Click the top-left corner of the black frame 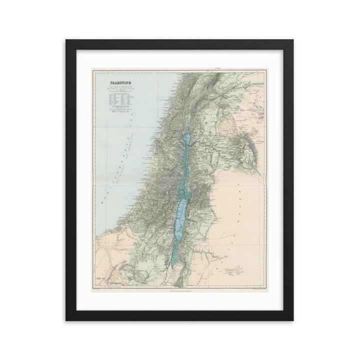click(66, 39)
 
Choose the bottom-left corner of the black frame click(66, 320)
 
